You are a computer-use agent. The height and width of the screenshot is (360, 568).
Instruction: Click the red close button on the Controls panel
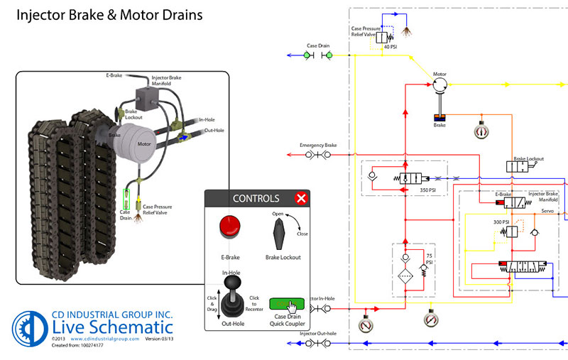click(x=301, y=198)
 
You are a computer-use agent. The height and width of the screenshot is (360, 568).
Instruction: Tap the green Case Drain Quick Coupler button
click(x=287, y=305)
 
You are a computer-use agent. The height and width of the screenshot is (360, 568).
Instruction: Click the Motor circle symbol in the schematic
click(x=441, y=84)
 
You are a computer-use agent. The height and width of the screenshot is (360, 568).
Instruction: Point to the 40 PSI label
click(x=390, y=48)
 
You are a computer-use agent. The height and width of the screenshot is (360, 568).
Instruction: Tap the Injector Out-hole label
click(x=317, y=333)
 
